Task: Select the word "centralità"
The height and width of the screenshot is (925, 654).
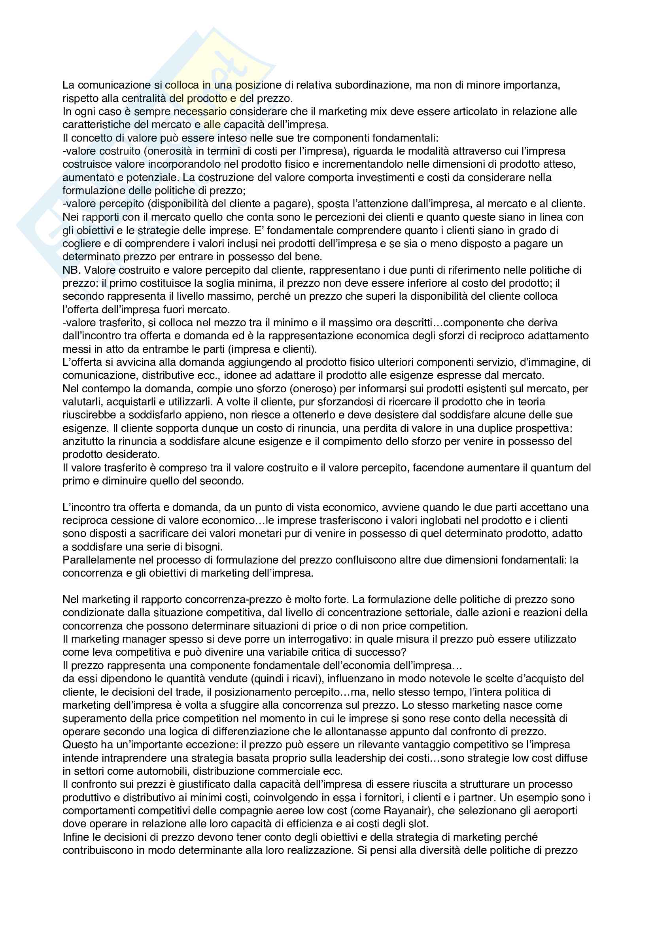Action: click(145, 98)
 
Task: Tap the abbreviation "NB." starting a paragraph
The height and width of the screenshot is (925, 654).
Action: click(71, 270)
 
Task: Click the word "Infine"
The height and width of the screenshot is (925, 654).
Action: click(76, 837)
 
